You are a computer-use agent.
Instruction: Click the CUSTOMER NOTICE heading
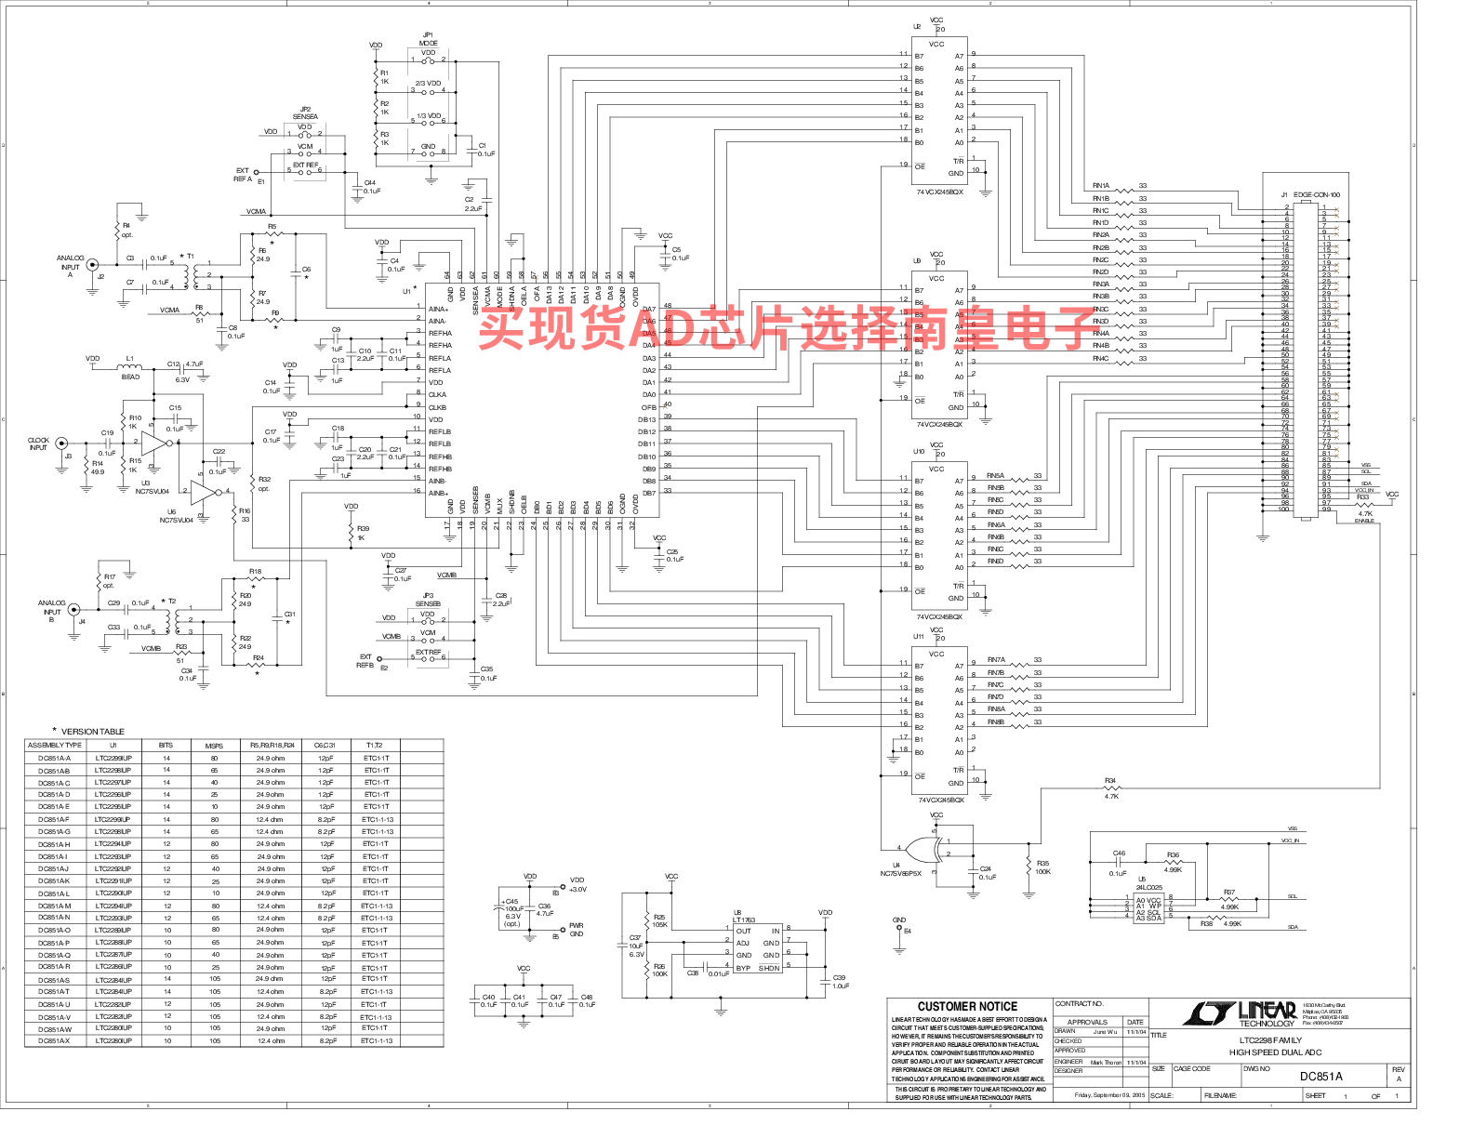coord(967,1006)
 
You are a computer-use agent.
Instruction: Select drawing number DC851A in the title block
coord(1320,1077)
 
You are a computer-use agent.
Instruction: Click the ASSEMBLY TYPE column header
coord(55,746)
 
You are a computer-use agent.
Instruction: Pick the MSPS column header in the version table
coord(214,746)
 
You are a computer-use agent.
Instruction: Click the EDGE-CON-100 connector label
coord(1317,195)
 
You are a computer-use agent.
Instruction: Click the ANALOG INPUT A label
coord(71,266)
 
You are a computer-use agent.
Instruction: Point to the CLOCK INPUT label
coord(38,444)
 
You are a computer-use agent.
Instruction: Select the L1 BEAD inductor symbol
coord(130,366)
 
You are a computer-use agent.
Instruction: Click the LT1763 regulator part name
coord(744,920)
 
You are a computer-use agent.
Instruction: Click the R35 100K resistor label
coord(1042,867)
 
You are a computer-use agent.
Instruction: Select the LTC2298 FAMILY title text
coord(1270,1040)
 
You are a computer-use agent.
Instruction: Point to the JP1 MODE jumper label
coord(428,39)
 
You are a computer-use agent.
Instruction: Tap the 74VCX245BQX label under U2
coord(939,192)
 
